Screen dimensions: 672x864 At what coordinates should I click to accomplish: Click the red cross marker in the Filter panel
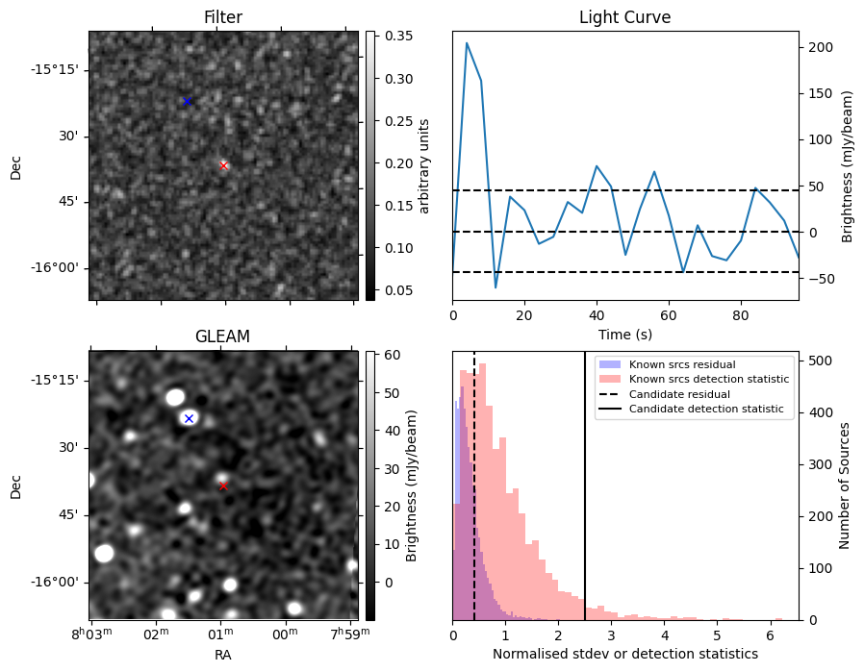[224, 165]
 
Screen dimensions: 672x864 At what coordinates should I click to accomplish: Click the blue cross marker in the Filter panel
[187, 101]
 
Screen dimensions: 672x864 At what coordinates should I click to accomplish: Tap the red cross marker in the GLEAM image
[223, 485]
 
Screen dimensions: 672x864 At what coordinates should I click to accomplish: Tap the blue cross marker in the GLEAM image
[189, 418]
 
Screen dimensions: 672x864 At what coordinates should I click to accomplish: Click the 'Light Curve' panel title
[624, 17]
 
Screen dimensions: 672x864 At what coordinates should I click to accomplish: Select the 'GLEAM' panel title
[222, 336]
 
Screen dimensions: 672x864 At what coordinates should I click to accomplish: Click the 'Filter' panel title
[222, 17]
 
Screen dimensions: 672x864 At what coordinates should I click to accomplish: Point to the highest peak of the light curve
[467, 42]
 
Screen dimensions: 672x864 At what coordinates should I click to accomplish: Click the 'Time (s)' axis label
[624, 334]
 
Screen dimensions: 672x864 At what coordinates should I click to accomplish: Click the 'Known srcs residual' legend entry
[681, 365]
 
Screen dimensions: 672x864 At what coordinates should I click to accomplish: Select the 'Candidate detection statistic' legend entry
[705, 410]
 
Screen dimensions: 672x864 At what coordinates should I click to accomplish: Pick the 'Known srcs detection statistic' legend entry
[709, 380]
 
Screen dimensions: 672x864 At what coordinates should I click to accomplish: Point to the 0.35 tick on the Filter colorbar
[390, 37]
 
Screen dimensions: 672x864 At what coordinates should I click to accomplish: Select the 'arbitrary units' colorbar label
[423, 165]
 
